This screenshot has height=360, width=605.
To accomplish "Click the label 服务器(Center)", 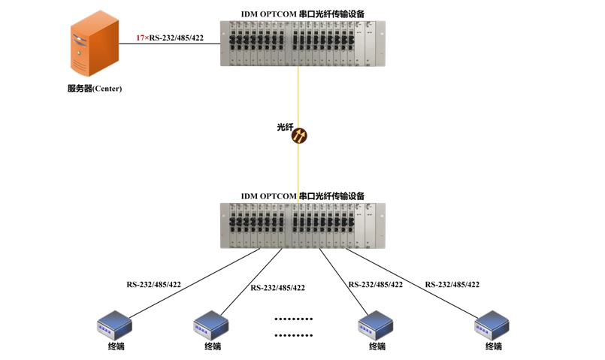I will coord(94,89).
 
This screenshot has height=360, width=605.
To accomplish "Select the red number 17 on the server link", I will coord(141,37).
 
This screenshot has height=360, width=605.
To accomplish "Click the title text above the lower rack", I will coord(303,195).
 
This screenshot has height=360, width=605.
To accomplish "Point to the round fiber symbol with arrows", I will coord(299,136).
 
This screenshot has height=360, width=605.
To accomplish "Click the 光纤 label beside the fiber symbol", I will coord(284,128).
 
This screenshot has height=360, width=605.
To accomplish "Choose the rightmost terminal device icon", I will coord(492,325).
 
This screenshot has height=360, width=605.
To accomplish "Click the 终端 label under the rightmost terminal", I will coord(493,346).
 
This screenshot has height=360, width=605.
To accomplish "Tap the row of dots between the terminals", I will coord(293,325).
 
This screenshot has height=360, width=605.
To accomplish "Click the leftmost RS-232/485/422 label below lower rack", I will coord(153,285).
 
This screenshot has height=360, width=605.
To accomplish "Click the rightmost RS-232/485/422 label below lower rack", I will coord(452,285).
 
